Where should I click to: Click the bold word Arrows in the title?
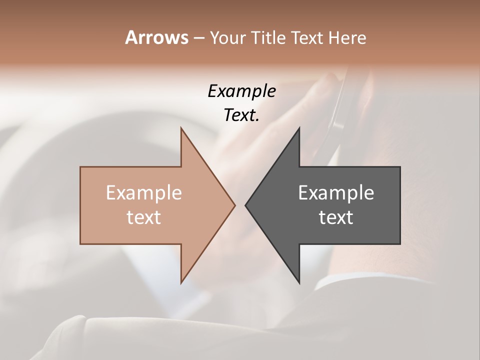pyautogui.click(x=156, y=37)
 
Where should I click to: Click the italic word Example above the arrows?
pyautogui.click(x=241, y=91)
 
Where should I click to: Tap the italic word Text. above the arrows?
pyautogui.click(x=241, y=115)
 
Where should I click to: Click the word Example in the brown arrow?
pyautogui.click(x=144, y=193)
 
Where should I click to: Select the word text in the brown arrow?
pyautogui.click(x=144, y=217)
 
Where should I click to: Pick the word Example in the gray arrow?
pyautogui.click(x=336, y=193)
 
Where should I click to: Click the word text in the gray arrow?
pyautogui.click(x=336, y=217)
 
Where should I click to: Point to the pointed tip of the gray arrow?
pyautogui.click(x=246, y=205)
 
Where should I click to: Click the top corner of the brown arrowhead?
pyautogui.click(x=181, y=128)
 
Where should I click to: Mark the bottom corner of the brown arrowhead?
pyautogui.click(x=181, y=282)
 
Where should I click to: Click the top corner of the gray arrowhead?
pyautogui.click(x=299, y=128)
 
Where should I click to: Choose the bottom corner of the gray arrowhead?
pyautogui.click(x=299, y=282)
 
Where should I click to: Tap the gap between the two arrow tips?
pyautogui.click(x=240, y=205)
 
